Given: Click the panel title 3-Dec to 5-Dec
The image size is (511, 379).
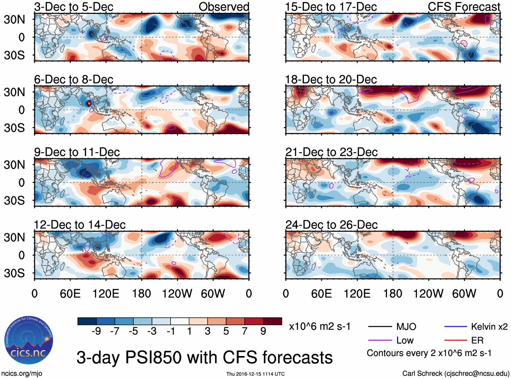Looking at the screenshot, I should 74,7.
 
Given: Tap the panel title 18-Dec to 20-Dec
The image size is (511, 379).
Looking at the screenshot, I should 331,79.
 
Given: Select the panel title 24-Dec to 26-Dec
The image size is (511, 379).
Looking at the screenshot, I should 331,225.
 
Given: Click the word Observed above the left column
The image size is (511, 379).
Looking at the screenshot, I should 224,7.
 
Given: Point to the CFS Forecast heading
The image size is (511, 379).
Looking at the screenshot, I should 464,7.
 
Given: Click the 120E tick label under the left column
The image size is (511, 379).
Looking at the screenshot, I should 106,293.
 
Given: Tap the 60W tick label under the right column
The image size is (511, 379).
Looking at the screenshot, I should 464,293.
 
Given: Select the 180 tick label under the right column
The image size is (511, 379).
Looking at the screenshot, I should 393,293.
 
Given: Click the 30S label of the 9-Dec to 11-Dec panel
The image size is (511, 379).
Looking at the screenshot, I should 14,200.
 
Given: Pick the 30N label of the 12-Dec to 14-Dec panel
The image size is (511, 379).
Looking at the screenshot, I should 14,237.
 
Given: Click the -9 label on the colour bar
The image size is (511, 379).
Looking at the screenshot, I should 96,331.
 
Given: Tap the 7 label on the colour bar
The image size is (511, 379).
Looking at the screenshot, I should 244,331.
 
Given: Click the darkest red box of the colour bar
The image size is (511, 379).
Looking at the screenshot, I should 272,321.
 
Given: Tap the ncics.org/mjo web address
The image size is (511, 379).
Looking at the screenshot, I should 22,374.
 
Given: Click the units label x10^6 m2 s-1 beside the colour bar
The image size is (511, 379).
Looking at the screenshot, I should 319,327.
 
